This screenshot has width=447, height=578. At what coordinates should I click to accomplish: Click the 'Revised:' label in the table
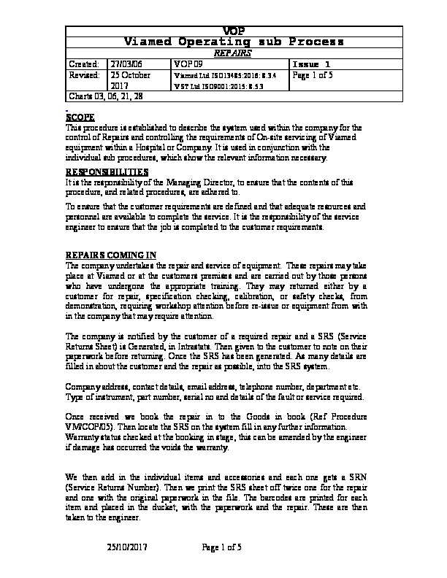tap(84, 75)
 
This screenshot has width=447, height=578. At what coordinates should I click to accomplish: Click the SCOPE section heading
tap(80, 117)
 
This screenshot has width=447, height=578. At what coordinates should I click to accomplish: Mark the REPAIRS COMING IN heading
tap(111, 255)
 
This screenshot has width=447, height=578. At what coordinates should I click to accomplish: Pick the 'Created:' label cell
tap(84, 64)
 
